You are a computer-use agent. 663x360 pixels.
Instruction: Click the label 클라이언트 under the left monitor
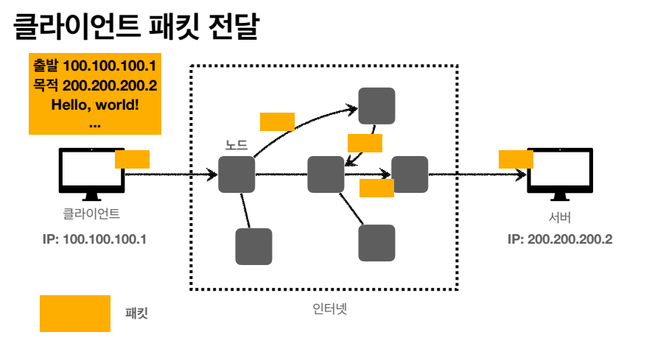[x=91, y=216]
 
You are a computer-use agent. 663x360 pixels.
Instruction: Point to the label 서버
[x=560, y=218]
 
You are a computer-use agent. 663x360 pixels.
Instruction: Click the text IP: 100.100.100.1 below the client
[x=95, y=239]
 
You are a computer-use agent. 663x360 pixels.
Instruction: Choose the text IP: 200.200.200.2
[x=560, y=239]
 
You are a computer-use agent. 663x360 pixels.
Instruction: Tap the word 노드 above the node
[x=236, y=146]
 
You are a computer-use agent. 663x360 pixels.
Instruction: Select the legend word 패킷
[x=137, y=314]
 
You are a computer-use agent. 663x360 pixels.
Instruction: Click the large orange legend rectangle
[x=74, y=314]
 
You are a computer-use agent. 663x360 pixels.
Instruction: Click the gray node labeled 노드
[x=236, y=174]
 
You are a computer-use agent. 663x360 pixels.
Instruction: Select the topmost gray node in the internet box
[x=376, y=106]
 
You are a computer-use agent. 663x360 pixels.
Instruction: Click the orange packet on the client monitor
[x=133, y=159]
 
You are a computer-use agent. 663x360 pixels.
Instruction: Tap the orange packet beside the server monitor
[x=516, y=159]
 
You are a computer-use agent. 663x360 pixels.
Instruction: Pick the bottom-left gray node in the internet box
[x=253, y=247]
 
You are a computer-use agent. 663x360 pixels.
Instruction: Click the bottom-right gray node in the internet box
[x=376, y=243]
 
